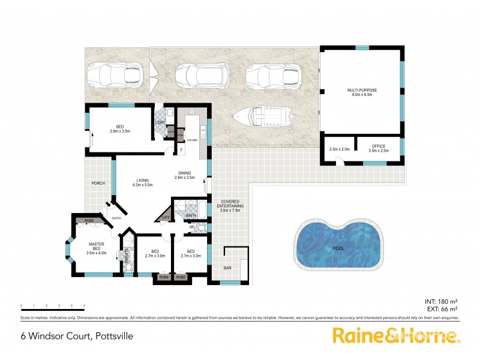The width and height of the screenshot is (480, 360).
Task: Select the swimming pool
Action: pyautogui.click(x=338, y=247)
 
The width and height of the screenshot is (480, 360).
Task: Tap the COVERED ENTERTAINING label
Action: pyautogui.click(x=230, y=205)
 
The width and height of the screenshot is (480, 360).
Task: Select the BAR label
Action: pyautogui.click(x=227, y=268)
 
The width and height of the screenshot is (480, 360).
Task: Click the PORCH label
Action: pyautogui.click(x=98, y=184)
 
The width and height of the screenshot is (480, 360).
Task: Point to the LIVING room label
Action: pyautogui.click(x=143, y=181)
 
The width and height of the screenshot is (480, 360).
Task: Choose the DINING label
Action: pyautogui.click(x=185, y=175)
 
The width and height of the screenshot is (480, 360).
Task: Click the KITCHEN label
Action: pyautogui.click(x=192, y=140)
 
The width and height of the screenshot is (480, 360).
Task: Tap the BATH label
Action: pyautogui.click(x=191, y=215)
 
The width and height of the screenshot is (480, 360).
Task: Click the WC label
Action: pyautogui.click(x=192, y=227)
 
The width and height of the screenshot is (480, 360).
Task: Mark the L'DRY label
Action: pyautogui.click(x=160, y=123)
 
